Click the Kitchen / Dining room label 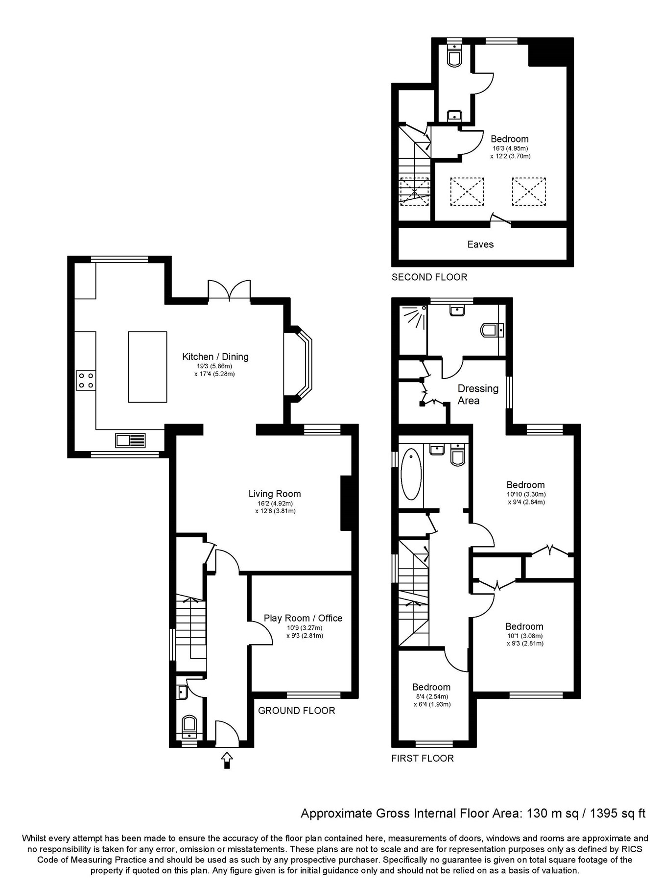(x=215, y=357)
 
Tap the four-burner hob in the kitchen (x=86, y=380)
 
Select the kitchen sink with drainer (x=131, y=440)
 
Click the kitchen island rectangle (x=147, y=367)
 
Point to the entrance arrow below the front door (x=227, y=761)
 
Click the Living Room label (x=274, y=494)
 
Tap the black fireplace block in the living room (x=346, y=502)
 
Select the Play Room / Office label (x=303, y=618)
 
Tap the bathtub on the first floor (x=411, y=474)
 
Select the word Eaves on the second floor (x=480, y=244)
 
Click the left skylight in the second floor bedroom (x=467, y=191)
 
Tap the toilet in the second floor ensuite (x=454, y=56)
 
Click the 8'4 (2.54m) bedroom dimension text (x=431, y=696)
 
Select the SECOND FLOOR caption (x=429, y=277)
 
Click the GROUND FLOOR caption (x=296, y=711)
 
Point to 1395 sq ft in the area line (x=618, y=814)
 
